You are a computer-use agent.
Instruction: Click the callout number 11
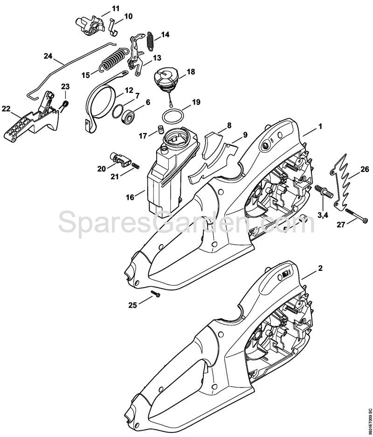pos(116,8)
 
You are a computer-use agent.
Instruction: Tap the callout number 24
pos(48,56)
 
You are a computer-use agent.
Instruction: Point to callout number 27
pos(341,225)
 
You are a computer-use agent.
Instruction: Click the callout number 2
pos(320,268)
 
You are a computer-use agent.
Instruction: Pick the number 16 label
pos(130,197)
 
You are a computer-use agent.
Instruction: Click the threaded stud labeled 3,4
pos(324,192)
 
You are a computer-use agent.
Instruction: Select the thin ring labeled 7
pos(117,111)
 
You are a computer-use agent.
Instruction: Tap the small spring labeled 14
pos(151,41)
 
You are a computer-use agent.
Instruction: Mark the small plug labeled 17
pos(160,130)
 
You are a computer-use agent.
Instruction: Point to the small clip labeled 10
pos(112,27)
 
